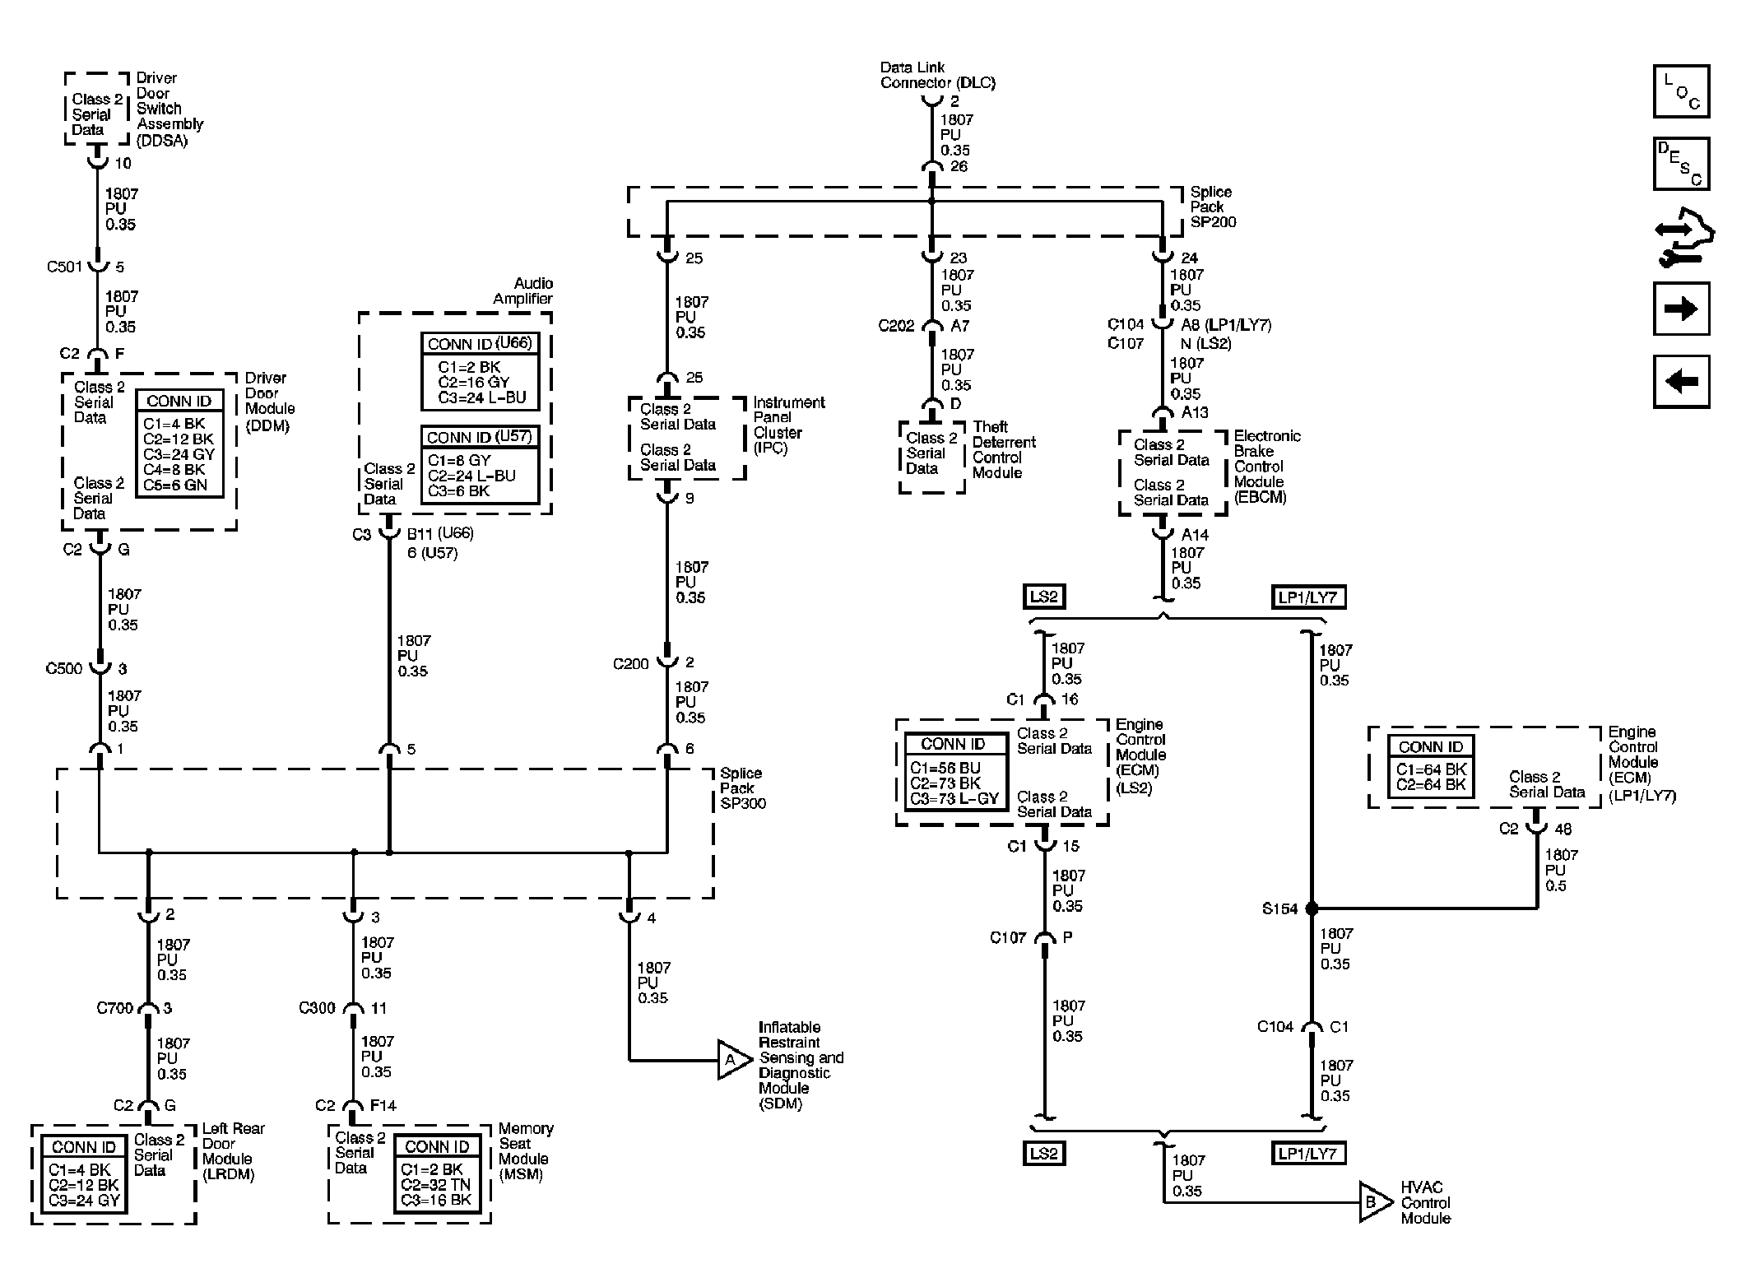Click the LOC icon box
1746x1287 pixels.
coord(1681,91)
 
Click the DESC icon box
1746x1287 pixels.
coord(1681,164)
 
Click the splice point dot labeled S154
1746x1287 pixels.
coord(1312,908)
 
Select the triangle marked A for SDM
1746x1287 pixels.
coord(733,1060)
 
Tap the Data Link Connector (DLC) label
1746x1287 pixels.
coord(936,75)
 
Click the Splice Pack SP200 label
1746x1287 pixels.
coord(1212,207)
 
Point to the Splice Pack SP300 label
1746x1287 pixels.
coord(742,788)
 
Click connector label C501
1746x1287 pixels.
coord(66,267)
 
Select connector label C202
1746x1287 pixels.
coord(896,326)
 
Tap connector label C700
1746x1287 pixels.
coord(114,1008)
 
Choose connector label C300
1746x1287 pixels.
coord(317,1008)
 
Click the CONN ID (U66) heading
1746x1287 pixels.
coord(480,344)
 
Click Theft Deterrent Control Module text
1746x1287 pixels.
coord(1003,449)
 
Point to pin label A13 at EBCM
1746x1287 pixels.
coord(1194,412)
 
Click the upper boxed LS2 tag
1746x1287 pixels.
coord(1043,597)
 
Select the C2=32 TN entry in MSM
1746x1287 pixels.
coord(435,1184)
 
